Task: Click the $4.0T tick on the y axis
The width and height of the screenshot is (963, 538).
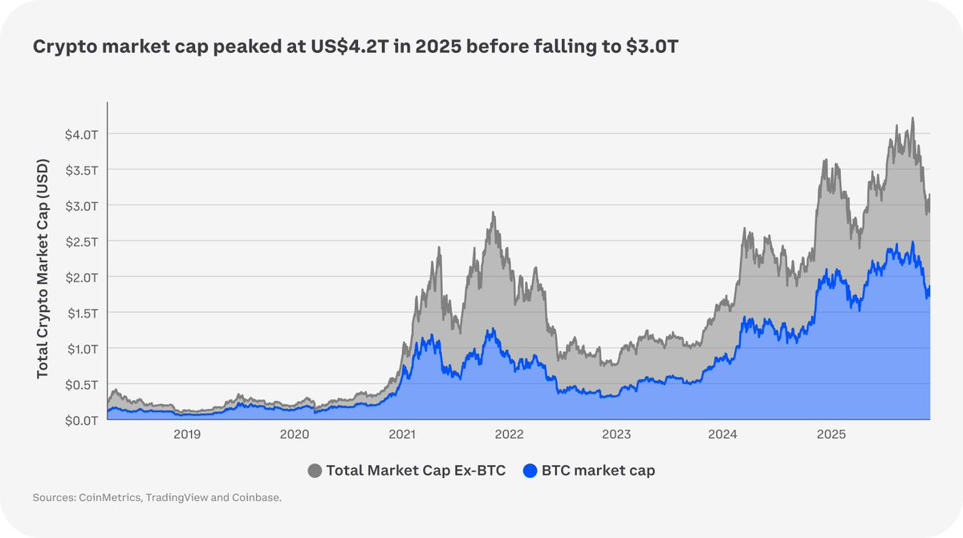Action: pyautogui.click(x=81, y=134)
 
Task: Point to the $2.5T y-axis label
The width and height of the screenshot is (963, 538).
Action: pyautogui.click(x=81, y=241)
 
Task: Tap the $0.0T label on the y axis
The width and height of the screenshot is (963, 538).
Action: pyautogui.click(x=81, y=420)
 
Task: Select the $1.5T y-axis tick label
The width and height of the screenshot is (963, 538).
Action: pyautogui.click(x=81, y=313)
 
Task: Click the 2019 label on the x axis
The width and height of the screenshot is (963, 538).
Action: pyautogui.click(x=187, y=435)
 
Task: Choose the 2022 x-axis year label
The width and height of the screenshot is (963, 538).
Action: pyautogui.click(x=509, y=435)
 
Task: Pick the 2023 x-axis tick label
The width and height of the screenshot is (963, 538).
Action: pyautogui.click(x=616, y=435)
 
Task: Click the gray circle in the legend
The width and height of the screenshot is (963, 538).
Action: pyautogui.click(x=315, y=471)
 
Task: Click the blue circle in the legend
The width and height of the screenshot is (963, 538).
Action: pyautogui.click(x=530, y=471)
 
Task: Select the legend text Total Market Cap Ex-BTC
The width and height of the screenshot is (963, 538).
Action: pyautogui.click(x=415, y=471)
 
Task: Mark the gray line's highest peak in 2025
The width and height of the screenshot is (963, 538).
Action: pyautogui.click(x=912, y=118)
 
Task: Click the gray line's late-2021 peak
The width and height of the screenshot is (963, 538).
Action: pyautogui.click(x=494, y=212)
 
